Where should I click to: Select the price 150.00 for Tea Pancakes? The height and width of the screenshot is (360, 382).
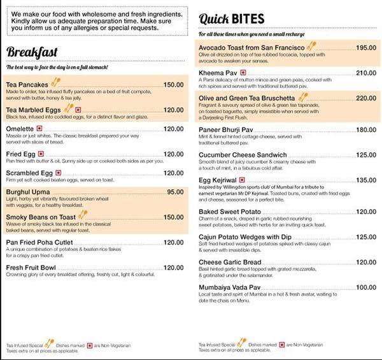pyautogui.click(x=173, y=85)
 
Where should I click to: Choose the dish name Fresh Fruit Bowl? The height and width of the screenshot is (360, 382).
pyautogui.click(x=32, y=268)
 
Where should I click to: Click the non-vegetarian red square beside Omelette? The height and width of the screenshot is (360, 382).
pyautogui.click(x=39, y=129)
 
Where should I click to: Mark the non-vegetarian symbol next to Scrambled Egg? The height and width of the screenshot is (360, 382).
pyautogui.click(x=59, y=173)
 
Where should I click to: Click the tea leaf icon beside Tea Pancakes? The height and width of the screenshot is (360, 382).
pyautogui.click(x=56, y=82)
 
